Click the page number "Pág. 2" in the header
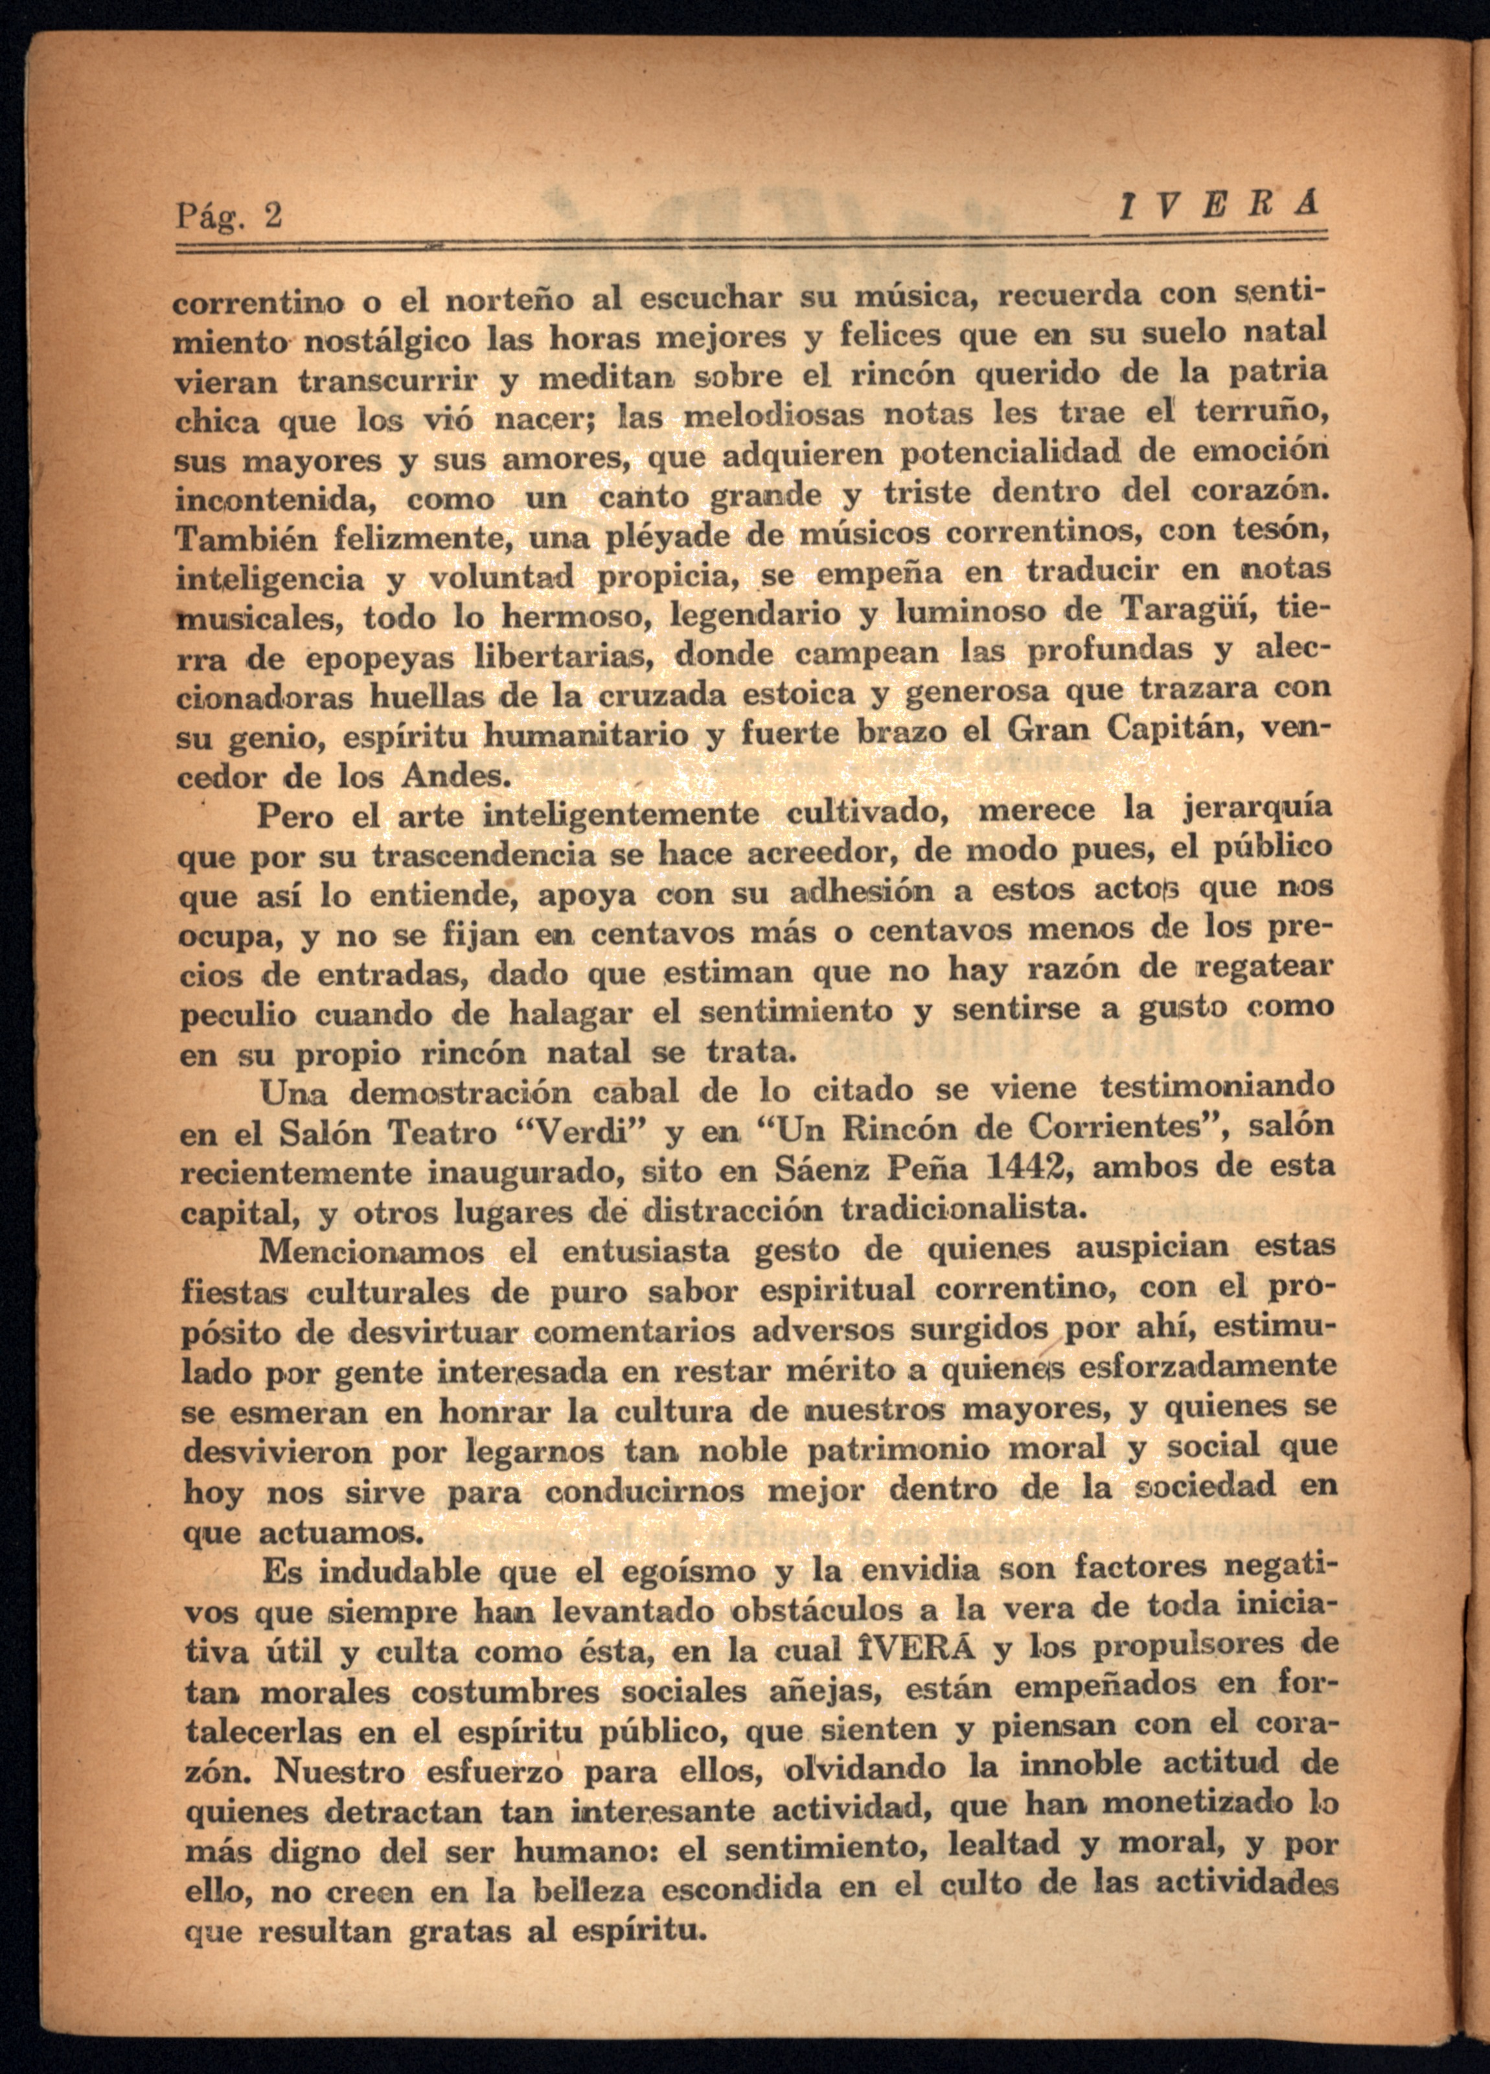[229, 216]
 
